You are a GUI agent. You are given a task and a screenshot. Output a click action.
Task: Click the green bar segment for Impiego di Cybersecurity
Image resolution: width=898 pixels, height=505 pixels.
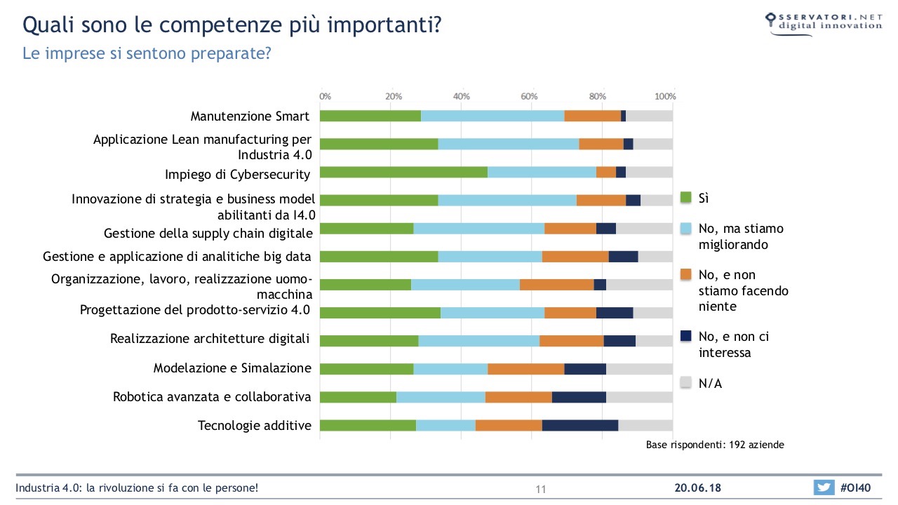click(403, 173)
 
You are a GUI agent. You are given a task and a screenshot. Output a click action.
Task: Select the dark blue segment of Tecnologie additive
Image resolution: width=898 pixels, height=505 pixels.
click(579, 425)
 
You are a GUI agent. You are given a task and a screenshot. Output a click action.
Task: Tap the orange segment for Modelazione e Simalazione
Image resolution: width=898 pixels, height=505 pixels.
click(525, 369)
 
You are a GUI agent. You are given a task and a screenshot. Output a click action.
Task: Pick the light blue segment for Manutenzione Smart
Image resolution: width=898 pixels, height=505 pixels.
click(492, 116)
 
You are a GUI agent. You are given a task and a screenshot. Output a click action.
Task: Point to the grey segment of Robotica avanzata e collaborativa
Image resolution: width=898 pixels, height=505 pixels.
click(639, 397)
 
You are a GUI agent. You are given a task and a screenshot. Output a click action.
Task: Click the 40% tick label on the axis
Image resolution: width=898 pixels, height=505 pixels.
click(461, 96)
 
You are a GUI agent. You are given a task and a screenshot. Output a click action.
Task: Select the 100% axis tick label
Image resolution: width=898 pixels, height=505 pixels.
click(665, 96)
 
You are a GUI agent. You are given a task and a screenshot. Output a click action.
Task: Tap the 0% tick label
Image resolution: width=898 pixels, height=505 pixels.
click(326, 96)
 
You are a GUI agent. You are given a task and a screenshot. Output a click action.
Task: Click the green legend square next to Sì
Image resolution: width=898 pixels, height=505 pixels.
click(687, 198)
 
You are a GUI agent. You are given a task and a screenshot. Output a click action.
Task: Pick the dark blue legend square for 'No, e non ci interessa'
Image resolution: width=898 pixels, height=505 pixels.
click(687, 337)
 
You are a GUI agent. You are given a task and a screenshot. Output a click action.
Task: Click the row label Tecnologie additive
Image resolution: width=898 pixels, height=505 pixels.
click(254, 425)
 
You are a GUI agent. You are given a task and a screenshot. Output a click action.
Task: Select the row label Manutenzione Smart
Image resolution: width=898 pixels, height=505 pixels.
click(250, 116)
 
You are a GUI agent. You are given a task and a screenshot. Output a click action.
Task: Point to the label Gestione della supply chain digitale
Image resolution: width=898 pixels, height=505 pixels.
click(207, 233)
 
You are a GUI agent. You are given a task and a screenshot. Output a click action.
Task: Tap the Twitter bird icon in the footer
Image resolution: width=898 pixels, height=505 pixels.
click(824, 487)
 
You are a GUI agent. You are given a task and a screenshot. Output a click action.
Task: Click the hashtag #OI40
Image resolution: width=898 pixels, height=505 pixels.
click(855, 487)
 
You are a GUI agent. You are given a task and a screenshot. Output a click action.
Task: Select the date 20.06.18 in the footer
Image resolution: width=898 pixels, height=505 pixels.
click(698, 487)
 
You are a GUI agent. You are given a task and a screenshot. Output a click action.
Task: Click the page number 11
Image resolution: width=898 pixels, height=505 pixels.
click(540, 489)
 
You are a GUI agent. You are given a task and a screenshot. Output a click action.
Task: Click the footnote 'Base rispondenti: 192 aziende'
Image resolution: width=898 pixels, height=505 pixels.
click(715, 445)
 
